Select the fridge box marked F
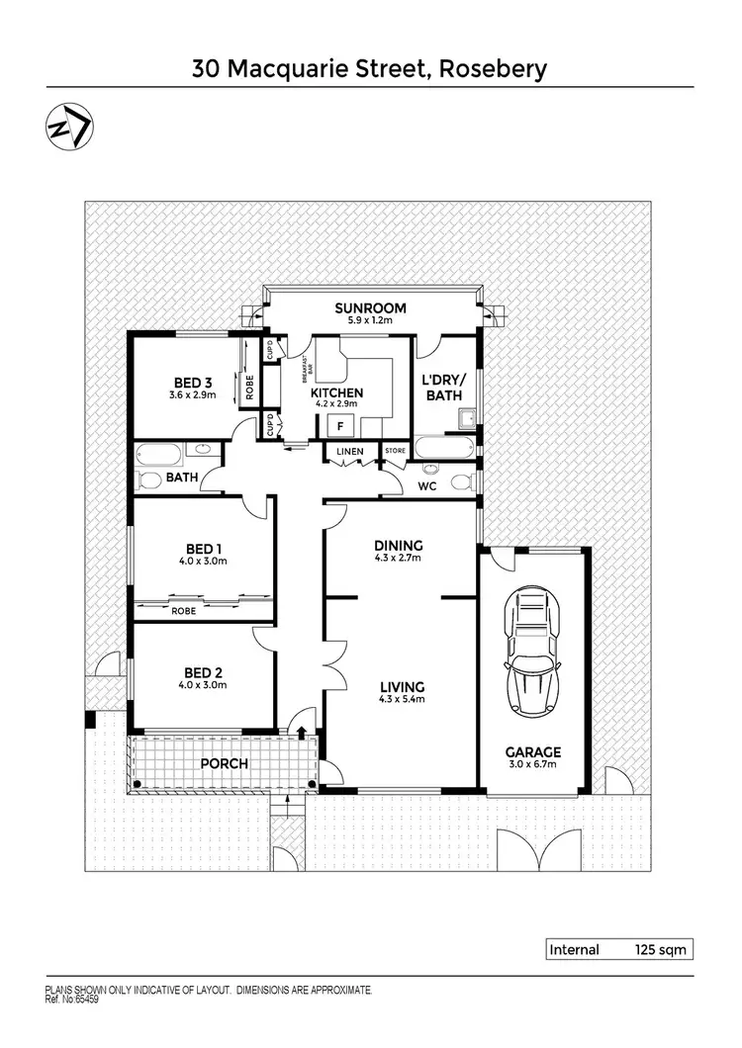[x=341, y=425]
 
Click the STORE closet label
[x=395, y=452]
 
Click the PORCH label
[x=223, y=763]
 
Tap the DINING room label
[x=399, y=545]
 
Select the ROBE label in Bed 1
[x=183, y=611]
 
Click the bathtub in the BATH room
[x=160, y=456]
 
